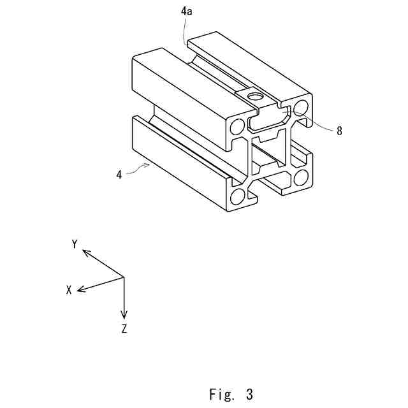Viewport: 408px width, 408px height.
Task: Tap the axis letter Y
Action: (x=75, y=244)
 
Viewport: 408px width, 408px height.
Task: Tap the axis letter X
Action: (x=69, y=289)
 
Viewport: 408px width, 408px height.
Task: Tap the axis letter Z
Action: (x=124, y=329)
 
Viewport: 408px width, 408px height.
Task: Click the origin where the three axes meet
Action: (x=124, y=278)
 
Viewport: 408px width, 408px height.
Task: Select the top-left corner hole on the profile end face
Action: (x=237, y=124)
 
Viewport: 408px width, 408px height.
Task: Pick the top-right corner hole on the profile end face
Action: (x=302, y=105)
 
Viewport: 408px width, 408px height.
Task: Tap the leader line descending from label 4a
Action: (x=186, y=39)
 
